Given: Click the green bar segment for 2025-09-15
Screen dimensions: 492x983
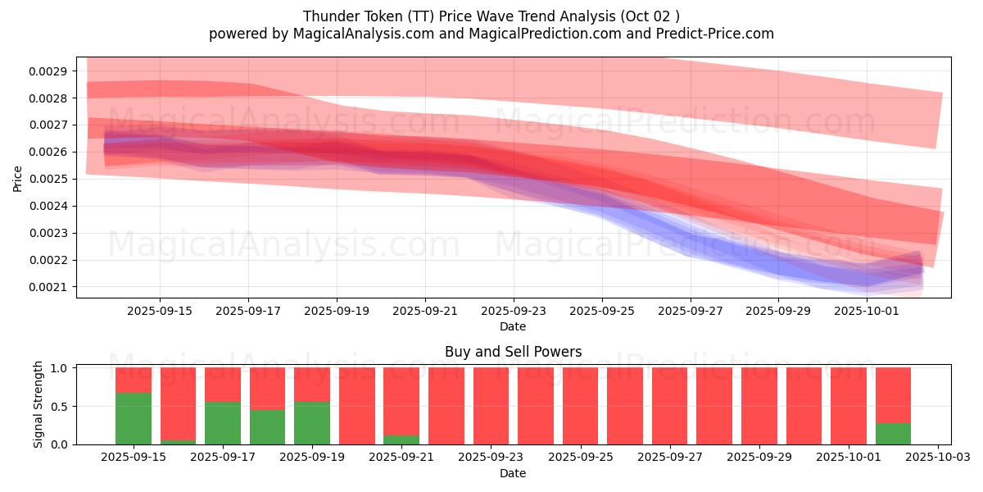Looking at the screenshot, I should [134, 418].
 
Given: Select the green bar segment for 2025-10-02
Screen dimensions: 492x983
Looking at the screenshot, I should [893, 434].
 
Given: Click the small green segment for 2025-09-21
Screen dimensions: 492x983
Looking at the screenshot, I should [401, 440].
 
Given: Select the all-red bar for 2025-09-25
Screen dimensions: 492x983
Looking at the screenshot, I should [580, 406].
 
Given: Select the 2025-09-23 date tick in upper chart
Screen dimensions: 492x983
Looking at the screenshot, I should [513, 312].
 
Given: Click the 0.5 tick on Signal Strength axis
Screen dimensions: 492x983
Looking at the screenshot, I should [61, 406].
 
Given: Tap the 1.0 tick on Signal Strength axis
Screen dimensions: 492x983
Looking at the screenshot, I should [61, 368].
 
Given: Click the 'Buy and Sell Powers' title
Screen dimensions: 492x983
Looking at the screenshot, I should [513, 352].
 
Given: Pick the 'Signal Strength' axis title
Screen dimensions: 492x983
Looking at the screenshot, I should [39, 405].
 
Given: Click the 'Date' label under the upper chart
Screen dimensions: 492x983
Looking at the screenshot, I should [513, 326].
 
